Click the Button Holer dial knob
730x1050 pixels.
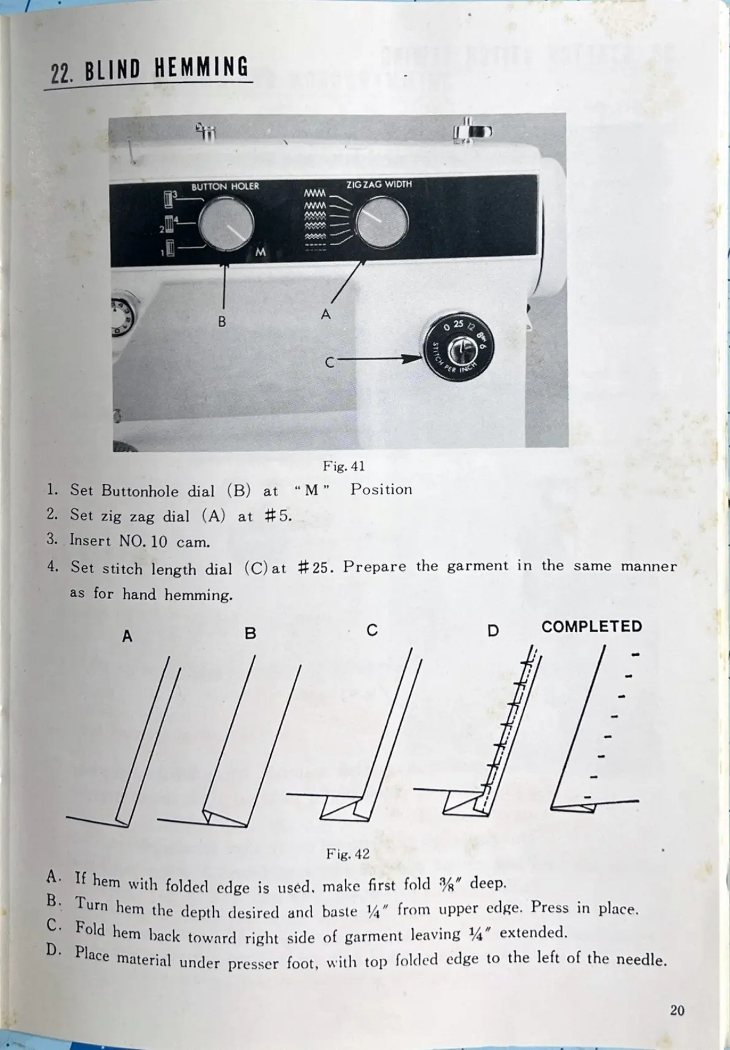226,224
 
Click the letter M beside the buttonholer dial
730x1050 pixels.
260,252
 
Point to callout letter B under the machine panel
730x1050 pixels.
222,321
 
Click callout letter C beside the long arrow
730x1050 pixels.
329,363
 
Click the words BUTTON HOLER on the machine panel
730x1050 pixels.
225,186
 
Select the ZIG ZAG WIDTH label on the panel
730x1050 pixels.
379,184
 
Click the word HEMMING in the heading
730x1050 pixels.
202,67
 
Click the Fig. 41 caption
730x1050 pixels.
344,466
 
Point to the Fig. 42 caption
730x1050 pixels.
348,853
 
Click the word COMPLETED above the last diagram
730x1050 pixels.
591,627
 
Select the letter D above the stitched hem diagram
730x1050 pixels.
493,630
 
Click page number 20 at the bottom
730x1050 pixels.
677,1010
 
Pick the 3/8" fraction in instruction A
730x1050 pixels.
451,883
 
